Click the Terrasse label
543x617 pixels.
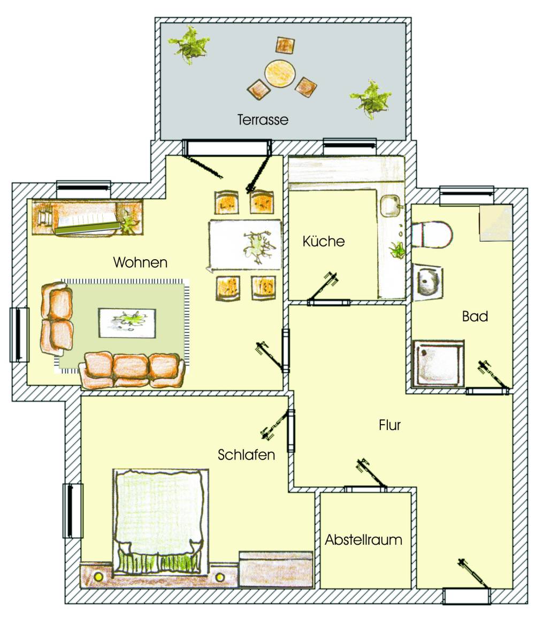coord(263,119)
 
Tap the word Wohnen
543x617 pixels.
coord(140,262)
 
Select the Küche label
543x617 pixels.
coord(324,241)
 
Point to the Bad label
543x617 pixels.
coord(475,316)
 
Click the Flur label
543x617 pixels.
coord(390,425)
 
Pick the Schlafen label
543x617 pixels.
coord(246,455)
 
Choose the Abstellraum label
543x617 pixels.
coord(363,539)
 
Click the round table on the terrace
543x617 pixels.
coord(280,73)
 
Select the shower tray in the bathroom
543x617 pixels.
coord(439,364)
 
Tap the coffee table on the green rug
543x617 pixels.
coord(127,323)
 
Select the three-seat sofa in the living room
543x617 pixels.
coord(133,371)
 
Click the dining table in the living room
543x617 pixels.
coord(246,245)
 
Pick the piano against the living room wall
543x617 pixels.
coord(87,217)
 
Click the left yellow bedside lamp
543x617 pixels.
coord(98,577)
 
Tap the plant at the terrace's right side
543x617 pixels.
coord(371,99)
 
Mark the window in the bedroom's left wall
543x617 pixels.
coord(73,511)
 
